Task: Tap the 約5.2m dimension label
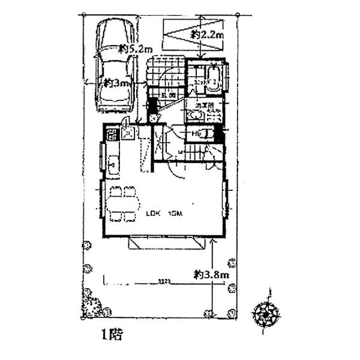point(136,47)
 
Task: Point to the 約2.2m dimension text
point(208,36)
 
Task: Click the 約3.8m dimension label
point(212,274)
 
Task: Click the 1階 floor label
point(112,334)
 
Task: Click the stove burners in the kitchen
point(112,134)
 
